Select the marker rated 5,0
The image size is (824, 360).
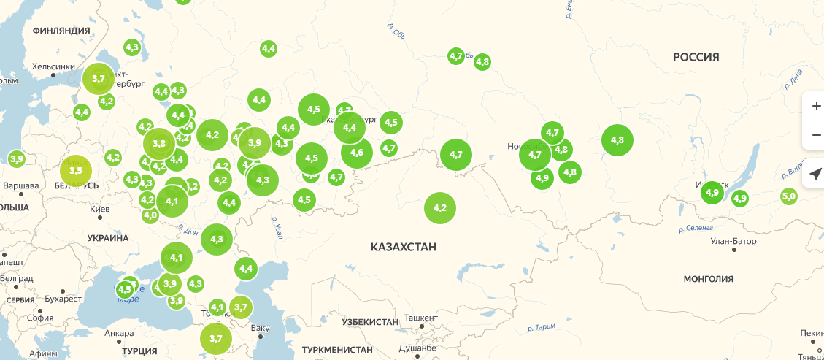[789, 196]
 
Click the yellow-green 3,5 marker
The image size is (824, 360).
[76, 170]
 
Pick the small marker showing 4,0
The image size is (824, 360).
[150, 215]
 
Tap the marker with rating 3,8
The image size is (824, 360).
[159, 143]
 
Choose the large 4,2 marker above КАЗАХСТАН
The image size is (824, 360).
[440, 208]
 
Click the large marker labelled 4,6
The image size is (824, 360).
[357, 153]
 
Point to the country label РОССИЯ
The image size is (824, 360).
[696, 57]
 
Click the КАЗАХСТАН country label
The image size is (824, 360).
[403, 247]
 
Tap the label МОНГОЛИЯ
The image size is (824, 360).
[708, 278]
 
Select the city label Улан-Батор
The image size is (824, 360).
[732, 241]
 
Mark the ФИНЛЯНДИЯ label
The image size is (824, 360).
[61, 31]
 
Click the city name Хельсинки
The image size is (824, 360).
[53, 67]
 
